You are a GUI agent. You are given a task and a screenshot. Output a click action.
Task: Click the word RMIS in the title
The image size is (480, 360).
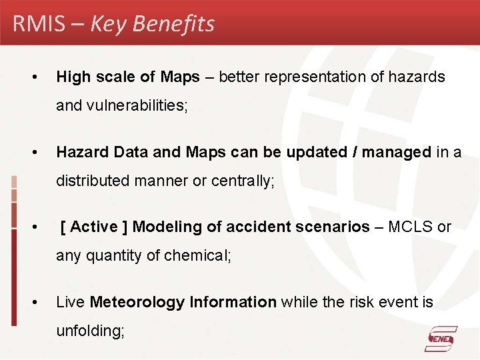(x=39, y=24)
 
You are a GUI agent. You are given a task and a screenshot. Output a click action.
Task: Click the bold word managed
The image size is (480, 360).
(x=397, y=152)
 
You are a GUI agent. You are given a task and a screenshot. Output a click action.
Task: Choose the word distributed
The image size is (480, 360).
(x=94, y=180)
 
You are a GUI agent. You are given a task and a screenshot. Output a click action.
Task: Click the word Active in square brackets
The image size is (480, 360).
(x=94, y=227)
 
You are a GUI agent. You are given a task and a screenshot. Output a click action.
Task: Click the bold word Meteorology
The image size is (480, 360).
(x=137, y=303)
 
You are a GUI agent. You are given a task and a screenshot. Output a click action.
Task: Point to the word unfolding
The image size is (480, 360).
(x=90, y=331)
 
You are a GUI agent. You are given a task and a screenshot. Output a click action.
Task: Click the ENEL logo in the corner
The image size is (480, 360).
(x=441, y=339)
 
